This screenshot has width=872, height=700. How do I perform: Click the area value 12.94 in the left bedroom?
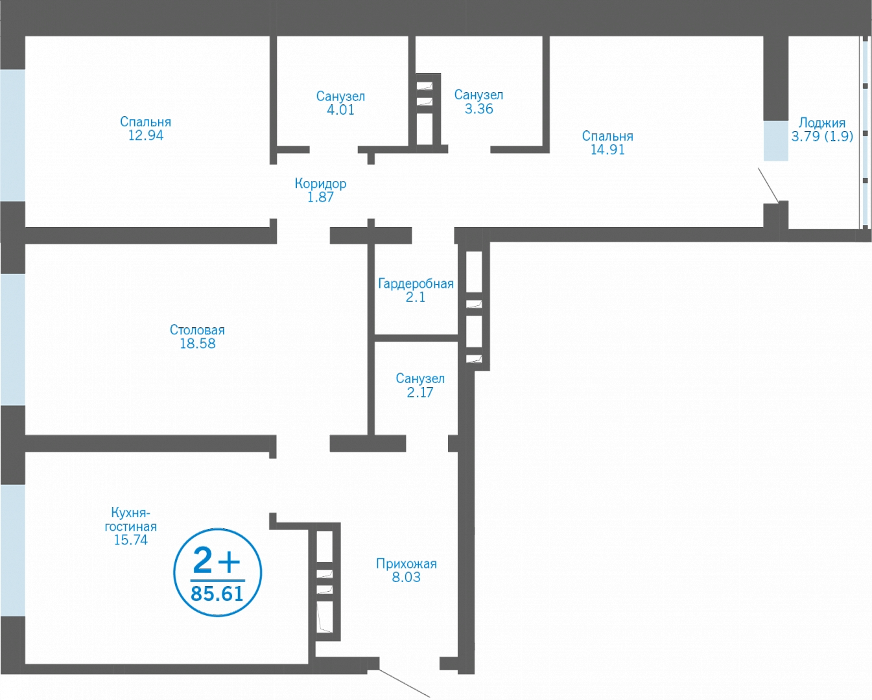click(146, 135)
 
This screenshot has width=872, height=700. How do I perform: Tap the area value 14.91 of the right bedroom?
click(607, 150)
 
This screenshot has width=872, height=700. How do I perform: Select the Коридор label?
click(320, 183)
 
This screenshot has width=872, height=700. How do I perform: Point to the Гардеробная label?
click(416, 284)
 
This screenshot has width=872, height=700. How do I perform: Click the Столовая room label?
click(197, 330)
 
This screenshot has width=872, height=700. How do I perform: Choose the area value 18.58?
click(198, 344)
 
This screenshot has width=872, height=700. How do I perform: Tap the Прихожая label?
click(407, 563)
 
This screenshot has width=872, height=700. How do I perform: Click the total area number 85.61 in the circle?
click(217, 594)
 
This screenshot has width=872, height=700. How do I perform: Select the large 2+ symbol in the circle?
click(217, 561)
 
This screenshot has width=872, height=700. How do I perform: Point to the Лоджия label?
click(822, 122)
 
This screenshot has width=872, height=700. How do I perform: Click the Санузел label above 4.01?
click(341, 97)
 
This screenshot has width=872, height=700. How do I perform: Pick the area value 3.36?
click(479, 109)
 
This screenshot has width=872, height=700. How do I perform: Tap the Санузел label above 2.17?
click(420, 379)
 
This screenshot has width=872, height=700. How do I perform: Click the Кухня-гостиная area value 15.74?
click(131, 540)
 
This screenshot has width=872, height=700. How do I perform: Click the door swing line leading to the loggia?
click(768, 185)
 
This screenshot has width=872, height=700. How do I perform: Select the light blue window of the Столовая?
click(12, 340)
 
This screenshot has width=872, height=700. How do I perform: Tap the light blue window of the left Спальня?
click(12, 135)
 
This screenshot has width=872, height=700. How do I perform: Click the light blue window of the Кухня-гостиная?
click(12, 550)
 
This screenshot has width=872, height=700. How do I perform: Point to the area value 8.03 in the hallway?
click(406, 577)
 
